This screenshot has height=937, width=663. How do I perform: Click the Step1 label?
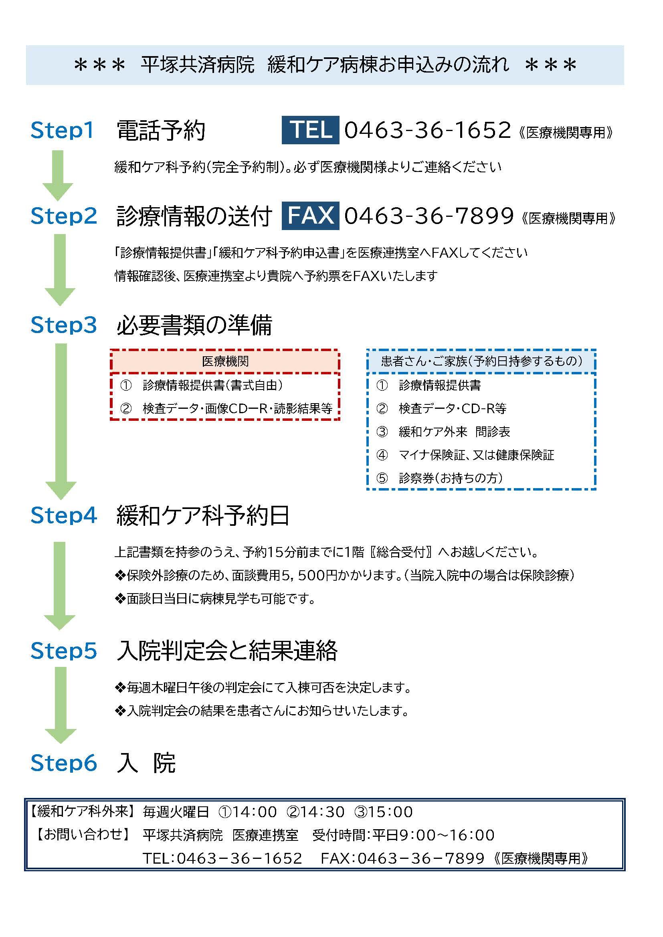point(62,131)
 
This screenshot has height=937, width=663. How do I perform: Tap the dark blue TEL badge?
point(310,130)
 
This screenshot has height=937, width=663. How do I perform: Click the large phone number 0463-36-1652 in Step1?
point(427,130)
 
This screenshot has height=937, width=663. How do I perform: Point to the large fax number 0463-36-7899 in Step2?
point(429,216)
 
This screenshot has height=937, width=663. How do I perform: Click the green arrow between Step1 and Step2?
point(58,176)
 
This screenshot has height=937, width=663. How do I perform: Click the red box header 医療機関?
point(225,361)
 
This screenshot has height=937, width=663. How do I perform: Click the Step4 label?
point(64,515)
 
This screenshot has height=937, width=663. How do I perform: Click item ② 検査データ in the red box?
point(226,408)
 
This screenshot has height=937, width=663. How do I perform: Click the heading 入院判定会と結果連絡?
point(227,650)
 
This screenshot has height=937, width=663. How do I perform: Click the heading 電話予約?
point(161,131)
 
